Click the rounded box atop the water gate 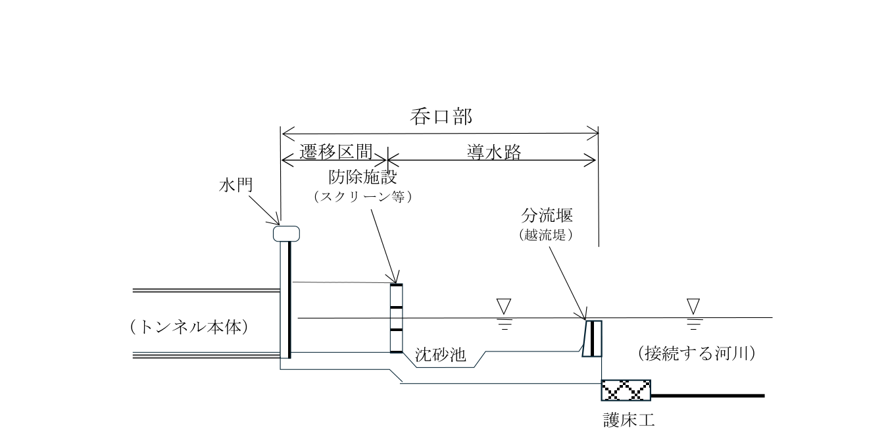point(287,233)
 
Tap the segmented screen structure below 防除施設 point(396,318)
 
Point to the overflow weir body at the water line point(592,338)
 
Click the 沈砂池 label point(441,356)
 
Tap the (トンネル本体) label point(192,327)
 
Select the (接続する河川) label point(696,353)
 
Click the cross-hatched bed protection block point(626,390)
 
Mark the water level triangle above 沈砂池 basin point(505,306)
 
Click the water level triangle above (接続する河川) point(693,306)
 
